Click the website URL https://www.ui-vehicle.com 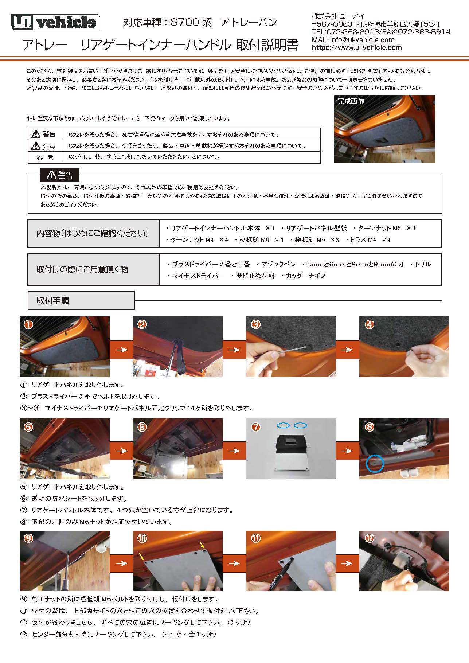pyautogui.click(x=356, y=47)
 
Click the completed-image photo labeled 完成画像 pyautogui.click(x=384, y=129)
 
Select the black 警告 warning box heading pyautogui.click(x=59, y=175)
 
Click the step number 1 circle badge pyautogui.click(x=28, y=324)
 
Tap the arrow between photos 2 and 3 pyautogui.click(x=234, y=350)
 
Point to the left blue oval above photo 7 pyautogui.click(x=283, y=425)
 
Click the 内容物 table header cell pyautogui.click(x=93, y=233)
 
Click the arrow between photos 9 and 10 pyautogui.click(x=121, y=563)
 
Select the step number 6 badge pyautogui.click(x=142, y=426)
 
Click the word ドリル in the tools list pyautogui.click(x=423, y=264)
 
